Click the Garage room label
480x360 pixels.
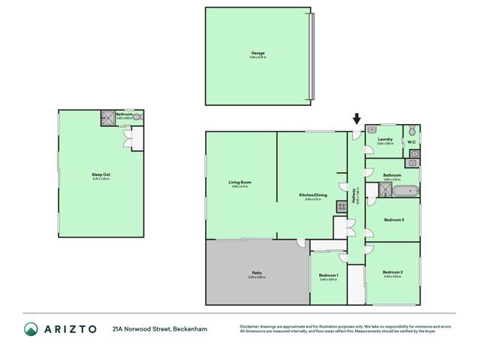[258, 53]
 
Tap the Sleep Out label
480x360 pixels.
[90, 174]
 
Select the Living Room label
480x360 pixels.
[240, 183]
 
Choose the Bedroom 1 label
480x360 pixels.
[328, 275]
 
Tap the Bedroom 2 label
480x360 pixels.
[392, 271]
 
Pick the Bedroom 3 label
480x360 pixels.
[393, 219]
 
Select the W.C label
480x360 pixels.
[412, 141]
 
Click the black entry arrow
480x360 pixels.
[357, 118]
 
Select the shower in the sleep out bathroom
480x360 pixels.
[106, 117]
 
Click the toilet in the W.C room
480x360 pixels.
[412, 131]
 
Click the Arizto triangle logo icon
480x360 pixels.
[31, 329]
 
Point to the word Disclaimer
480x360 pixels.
[252, 326]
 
